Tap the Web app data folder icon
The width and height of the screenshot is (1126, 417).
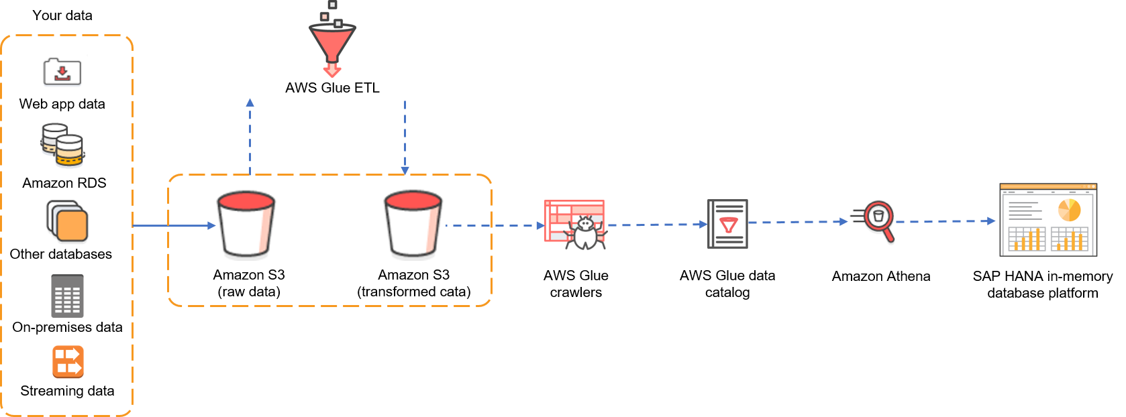62,72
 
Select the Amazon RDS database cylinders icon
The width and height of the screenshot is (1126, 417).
62,145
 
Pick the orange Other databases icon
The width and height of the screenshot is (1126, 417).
67,221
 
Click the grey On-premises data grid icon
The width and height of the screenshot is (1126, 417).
67,296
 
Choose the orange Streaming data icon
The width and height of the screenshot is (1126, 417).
68,362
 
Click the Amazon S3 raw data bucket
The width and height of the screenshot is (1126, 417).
246,224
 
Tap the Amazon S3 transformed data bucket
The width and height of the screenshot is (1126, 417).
413,224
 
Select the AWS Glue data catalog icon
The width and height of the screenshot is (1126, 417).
727,223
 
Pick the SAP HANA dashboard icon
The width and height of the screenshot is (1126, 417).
1048,220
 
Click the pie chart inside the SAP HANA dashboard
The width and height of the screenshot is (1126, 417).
1069,210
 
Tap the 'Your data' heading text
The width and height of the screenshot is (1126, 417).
62,15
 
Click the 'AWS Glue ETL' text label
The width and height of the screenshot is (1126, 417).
332,88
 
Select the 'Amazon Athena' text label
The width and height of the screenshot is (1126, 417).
880,276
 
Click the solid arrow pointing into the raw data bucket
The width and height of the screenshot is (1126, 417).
174,225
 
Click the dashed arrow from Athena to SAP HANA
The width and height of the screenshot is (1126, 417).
945,221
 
